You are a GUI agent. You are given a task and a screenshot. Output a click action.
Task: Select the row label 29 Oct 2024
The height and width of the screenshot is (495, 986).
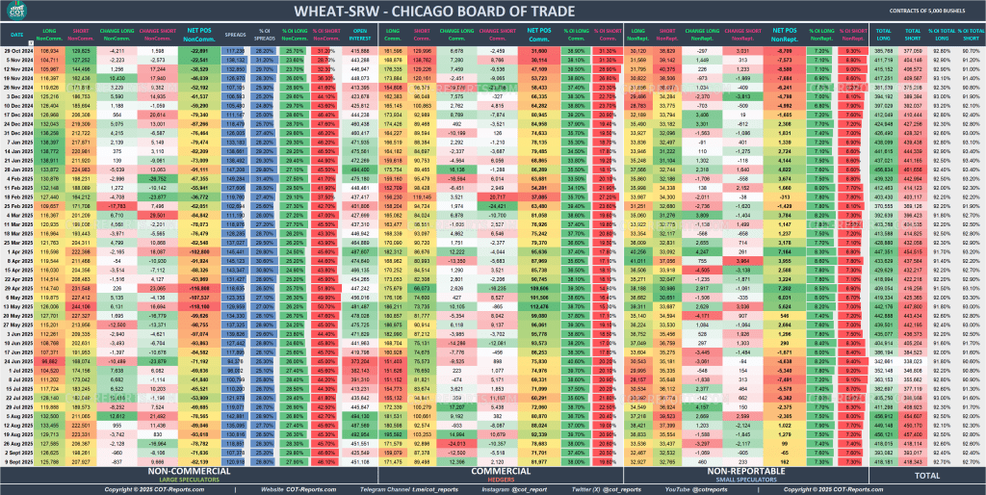19,49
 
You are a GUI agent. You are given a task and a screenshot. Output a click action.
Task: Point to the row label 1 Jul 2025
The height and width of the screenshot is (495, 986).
19,369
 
